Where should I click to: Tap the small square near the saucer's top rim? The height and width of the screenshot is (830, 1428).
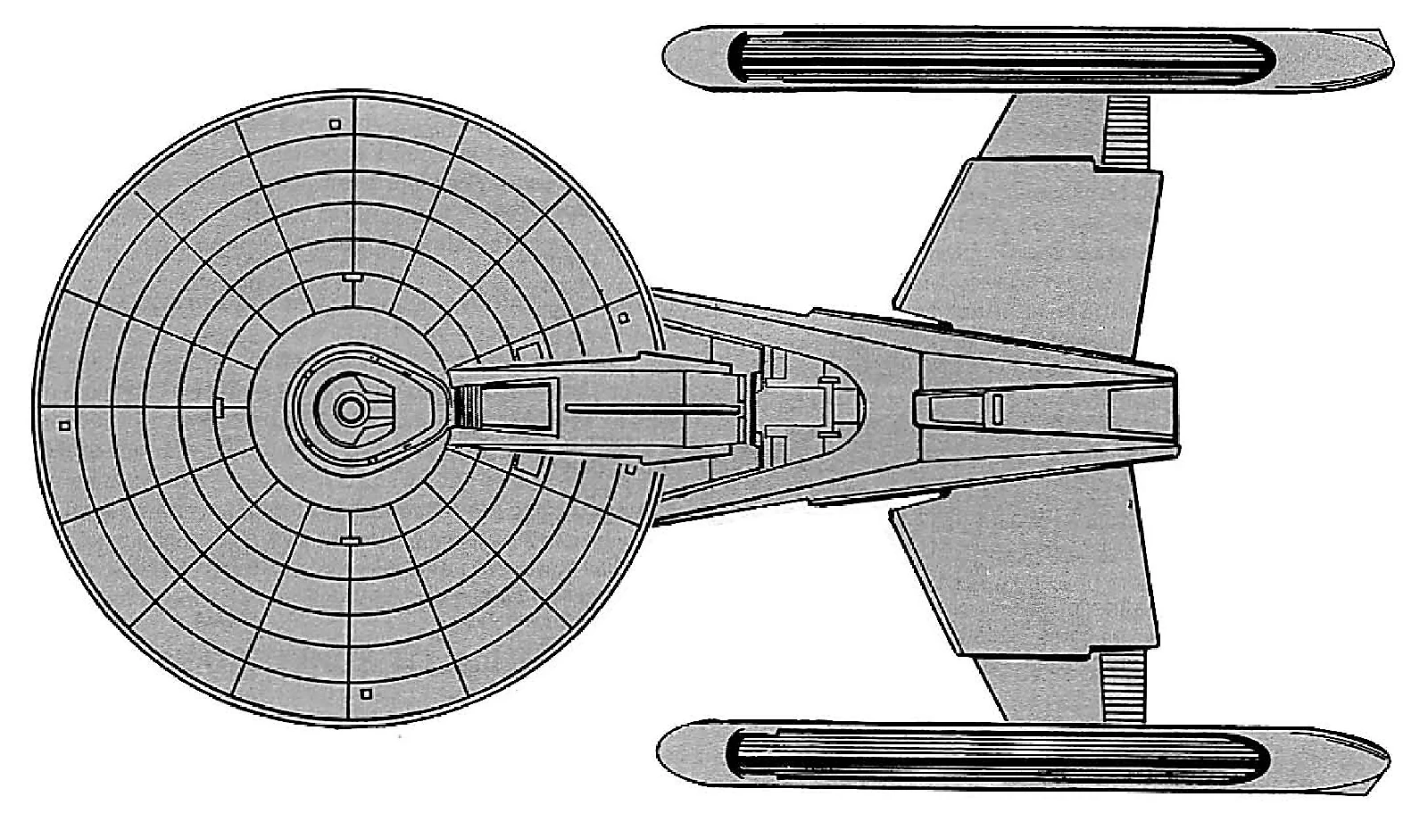coord(335,125)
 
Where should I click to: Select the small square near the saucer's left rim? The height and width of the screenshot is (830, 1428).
coord(63,427)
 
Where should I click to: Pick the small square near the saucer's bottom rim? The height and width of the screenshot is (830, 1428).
coord(364,693)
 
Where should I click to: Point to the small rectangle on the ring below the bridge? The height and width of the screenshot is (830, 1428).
coord(349,540)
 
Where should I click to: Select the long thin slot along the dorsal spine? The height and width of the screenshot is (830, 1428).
coord(652,410)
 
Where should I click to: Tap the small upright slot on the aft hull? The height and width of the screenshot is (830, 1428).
coord(997,409)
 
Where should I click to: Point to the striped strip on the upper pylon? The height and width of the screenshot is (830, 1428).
coord(1126,131)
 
